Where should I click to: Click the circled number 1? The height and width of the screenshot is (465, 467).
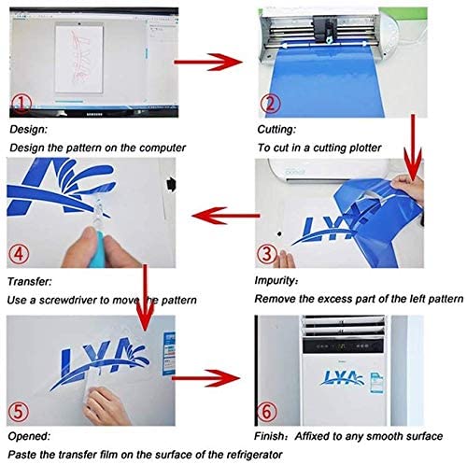point(21,104)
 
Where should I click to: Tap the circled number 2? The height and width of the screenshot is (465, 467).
point(270,104)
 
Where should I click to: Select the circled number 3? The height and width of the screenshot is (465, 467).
point(267,253)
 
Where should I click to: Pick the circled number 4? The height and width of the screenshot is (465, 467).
point(19,254)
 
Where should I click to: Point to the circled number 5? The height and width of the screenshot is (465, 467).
point(18,412)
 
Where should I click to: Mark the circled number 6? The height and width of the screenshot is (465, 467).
point(267,412)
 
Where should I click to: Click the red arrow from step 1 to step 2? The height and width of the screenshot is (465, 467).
point(208,62)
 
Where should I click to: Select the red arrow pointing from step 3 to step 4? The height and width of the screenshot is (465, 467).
point(226,216)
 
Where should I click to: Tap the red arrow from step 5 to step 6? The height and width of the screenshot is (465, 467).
point(206,378)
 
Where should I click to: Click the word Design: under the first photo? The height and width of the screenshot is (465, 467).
point(28,130)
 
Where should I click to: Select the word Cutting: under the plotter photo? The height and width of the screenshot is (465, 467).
point(276,130)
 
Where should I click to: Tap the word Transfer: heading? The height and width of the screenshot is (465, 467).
point(30,282)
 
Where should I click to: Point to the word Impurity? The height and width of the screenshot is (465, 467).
point(275,281)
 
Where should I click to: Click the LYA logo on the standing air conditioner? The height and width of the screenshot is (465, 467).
point(343,377)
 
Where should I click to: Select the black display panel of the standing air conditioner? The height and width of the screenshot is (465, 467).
point(343,345)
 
